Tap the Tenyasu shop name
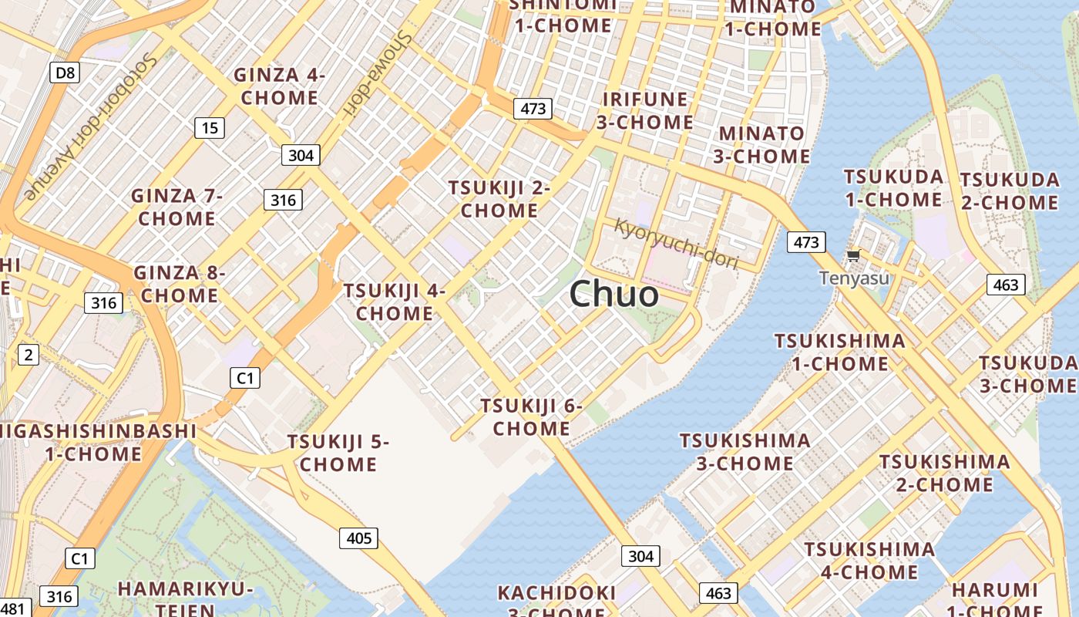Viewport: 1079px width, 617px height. click(854, 278)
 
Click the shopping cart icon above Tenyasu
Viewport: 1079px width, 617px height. click(853, 256)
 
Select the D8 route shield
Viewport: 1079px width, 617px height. click(66, 73)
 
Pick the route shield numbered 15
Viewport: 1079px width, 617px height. click(209, 128)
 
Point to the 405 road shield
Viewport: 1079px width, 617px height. click(359, 538)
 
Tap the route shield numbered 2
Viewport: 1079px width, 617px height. click(29, 355)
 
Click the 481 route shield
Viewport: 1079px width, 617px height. click(14, 608)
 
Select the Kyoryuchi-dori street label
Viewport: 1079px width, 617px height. click(677, 243)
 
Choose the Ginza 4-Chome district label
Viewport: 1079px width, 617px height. click(279, 86)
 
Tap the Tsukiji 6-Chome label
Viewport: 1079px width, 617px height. click(531, 416)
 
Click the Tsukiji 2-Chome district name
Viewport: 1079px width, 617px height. click(499, 199)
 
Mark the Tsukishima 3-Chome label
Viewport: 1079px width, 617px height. click(745, 452)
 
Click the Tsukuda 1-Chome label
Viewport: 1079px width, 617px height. click(893, 188)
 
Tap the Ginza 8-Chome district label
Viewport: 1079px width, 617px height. click(180, 284)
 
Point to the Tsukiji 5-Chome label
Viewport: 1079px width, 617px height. click(338, 453)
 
